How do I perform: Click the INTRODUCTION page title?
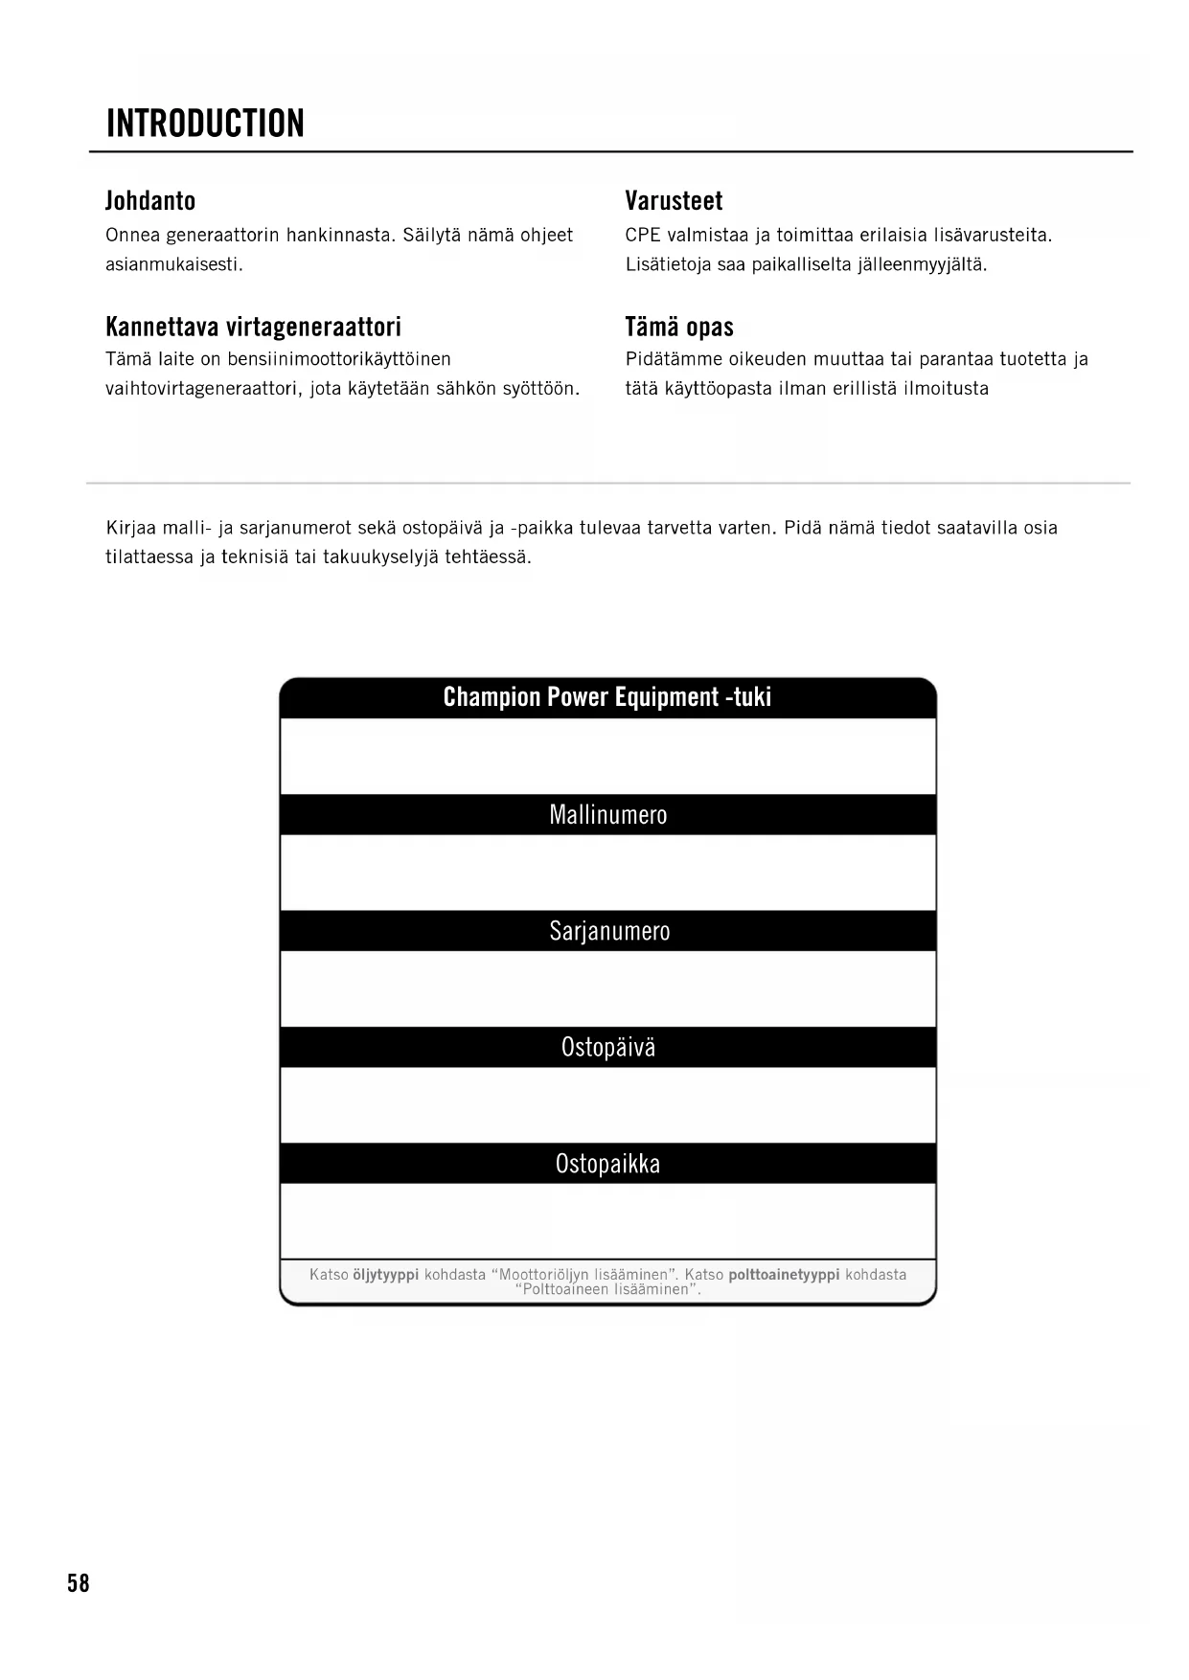pyautogui.click(x=205, y=124)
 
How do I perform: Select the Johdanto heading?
pyautogui.click(x=150, y=201)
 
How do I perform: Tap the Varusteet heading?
pyautogui.click(x=674, y=201)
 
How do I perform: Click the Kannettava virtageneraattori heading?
pyautogui.click(x=253, y=327)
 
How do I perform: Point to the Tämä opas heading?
pyautogui.click(x=679, y=327)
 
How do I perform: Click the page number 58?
pyautogui.click(x=79, y=1582)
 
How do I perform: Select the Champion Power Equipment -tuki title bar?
pyautogui.click(x=607, y=697)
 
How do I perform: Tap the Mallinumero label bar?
pyautogui.click(x=607, y=815)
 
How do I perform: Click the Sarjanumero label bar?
pyautogui.click(x=607, y=931)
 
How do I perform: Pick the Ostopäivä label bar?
pyautogui.click(x=607, y=1047)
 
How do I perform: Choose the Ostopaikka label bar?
pyautogui.click(x=607, y=1164)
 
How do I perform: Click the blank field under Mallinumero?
pyautogui.click(x=607, y=873)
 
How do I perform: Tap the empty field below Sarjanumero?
pyautogui.click(x=607, y=988)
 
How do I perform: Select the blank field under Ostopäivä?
pyautogui.click(x=607, y=1104)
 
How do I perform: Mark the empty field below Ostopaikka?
pyautogui.click(x=607, y=1220)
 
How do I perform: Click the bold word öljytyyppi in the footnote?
pyautogui.click(x=386, y=1275)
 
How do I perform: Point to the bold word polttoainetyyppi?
pyautogui.click(x=784, y=1275)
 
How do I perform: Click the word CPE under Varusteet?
pyautogui.click(x=643, y=236)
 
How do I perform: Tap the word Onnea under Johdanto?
pyautogui.click(x=132, y=236)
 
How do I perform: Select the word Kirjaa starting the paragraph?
pyautogui.click(x=131, y=528)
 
